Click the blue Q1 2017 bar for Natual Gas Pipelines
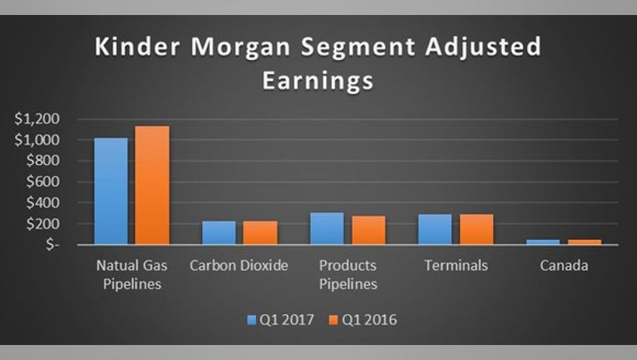pos(111,191)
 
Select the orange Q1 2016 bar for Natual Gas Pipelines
pos(153,185)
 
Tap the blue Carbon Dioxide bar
pos(219,232)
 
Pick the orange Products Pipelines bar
pos(369,230)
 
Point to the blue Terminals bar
pos(435,229)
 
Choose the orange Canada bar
pos(584,242)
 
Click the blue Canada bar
pos(543,242)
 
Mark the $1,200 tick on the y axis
pos(37,118)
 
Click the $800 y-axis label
pos(43,160)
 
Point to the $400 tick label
pos(43,202)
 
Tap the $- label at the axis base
pos(53,244)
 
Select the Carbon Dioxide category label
pos(238,266)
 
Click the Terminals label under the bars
pos(456,266)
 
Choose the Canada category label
pos(564,266)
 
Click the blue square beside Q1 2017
pos(252,320)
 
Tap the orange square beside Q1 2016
pos(334,320)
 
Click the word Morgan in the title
pos(240,47)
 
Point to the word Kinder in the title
pos(138,46)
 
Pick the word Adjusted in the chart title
pos(484,47)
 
